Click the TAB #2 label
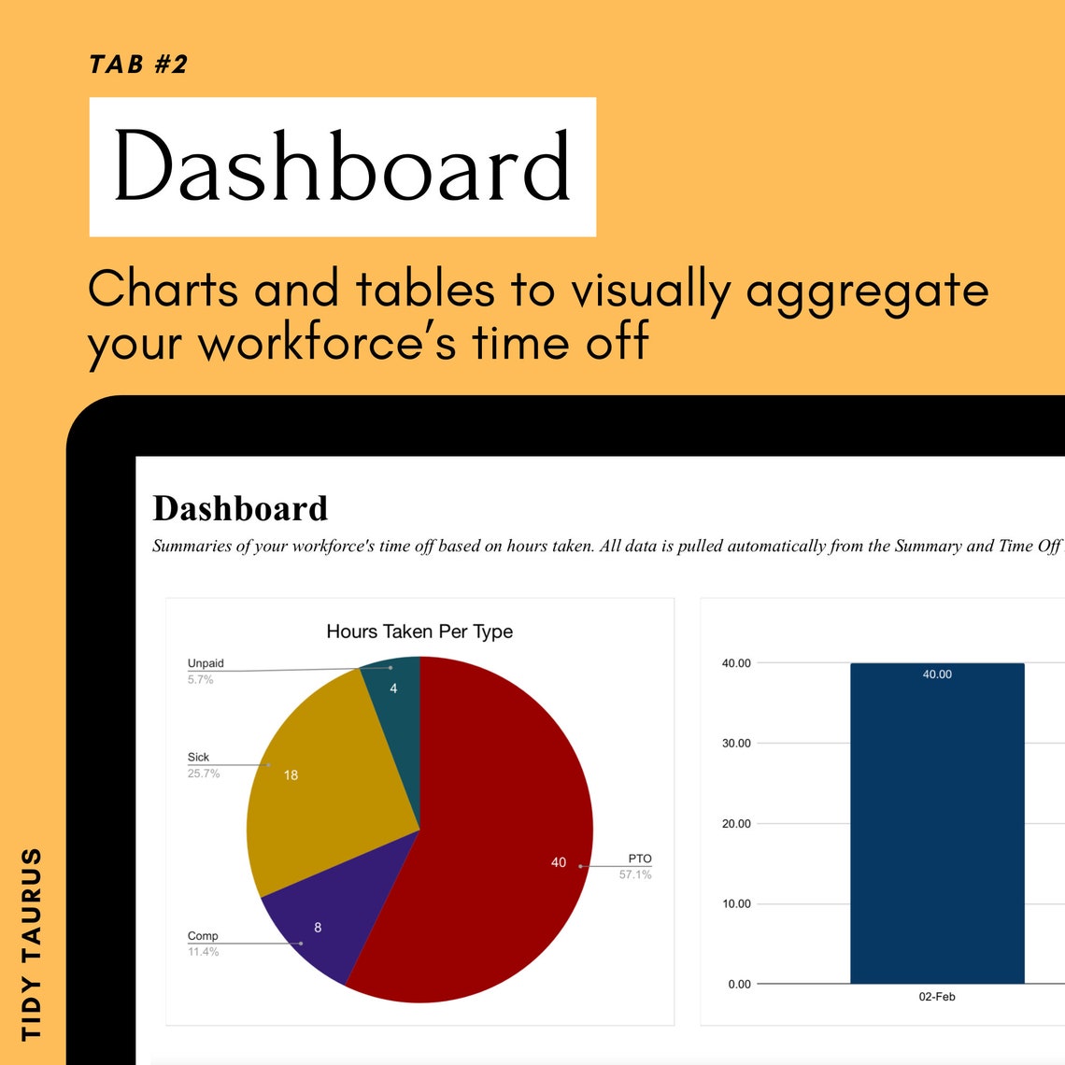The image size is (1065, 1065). (138, 64)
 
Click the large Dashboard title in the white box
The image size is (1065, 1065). (342, 166)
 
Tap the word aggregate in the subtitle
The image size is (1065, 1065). (867, 291)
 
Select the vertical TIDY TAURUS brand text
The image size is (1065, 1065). (32, 944)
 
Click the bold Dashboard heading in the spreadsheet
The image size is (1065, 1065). (240, 509)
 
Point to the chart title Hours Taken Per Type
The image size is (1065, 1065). (419, 632)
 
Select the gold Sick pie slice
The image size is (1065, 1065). (318, 785)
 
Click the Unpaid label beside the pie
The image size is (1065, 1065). (206, 663)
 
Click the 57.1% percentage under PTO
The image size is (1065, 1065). (635, 874)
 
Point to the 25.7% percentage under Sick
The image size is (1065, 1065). (204, 774)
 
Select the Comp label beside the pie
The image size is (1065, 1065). (203, 935)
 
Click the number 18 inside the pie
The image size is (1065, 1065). (291, 775)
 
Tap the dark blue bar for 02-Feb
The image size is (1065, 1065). (937, 841)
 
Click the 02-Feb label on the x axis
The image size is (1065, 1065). (937, 997)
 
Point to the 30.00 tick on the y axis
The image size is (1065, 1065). (736, 744)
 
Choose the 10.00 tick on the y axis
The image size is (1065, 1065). (736, 903)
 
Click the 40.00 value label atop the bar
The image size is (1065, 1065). (937, 674)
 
